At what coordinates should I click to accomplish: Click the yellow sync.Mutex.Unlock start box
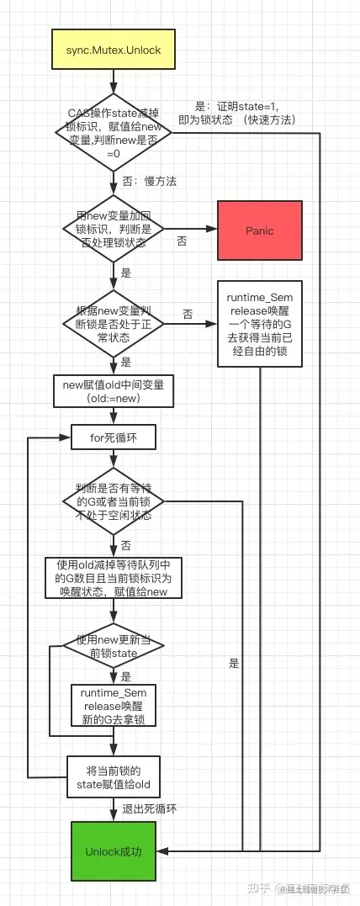113,50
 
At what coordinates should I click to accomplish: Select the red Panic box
259,230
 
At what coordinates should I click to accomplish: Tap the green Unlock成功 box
113,851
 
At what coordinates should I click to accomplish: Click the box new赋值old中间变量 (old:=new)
113,390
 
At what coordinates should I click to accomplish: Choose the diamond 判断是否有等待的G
113,501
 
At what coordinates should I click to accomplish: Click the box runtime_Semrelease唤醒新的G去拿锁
113,705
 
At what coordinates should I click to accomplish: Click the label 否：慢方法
149,181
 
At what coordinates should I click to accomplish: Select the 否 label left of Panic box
182,241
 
